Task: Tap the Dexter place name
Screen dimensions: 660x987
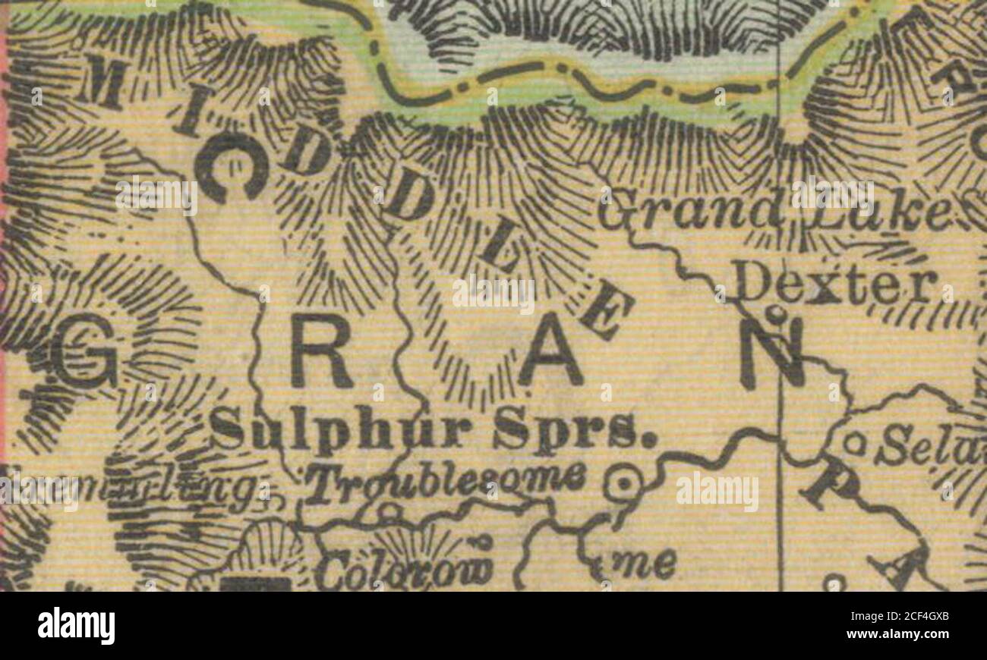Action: tap(835, 287)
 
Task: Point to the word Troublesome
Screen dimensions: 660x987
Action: tap(446, 481)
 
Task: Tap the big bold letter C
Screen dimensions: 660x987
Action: tap(231, 168)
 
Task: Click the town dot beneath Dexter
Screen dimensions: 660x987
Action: tap(773, 311)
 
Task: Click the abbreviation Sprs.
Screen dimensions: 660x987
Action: tap(573, 431)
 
